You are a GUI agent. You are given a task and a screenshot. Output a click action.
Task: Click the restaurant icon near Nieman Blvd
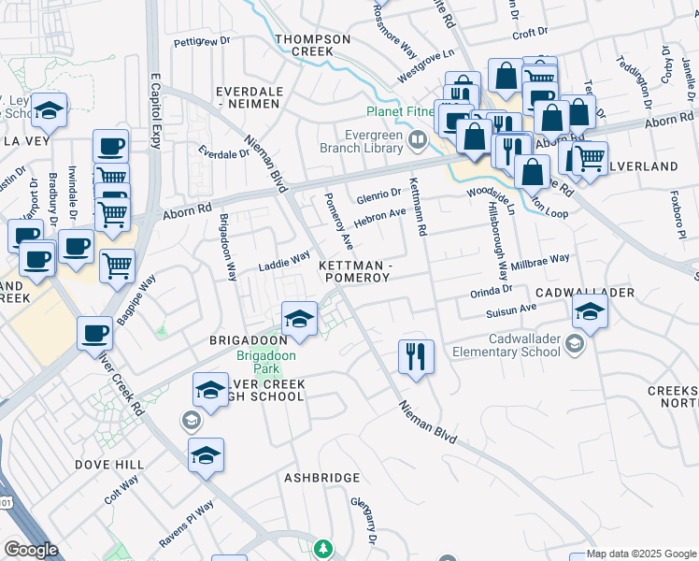[x=416, y=357]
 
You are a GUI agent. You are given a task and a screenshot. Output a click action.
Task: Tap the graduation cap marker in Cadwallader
[x=590, y=312]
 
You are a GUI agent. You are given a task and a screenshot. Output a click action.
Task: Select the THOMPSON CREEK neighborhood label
[x=313, y=45]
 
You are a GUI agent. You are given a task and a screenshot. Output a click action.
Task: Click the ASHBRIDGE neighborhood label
[x=322, y=478]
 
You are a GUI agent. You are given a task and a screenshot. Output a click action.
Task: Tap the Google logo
[x=31, y=550]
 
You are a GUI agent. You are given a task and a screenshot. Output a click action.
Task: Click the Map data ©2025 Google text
[x=640, y=554]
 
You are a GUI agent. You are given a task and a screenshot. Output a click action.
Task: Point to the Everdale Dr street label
[x=221, y=152]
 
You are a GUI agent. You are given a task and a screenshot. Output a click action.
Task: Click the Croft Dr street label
[x=529, y=33]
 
